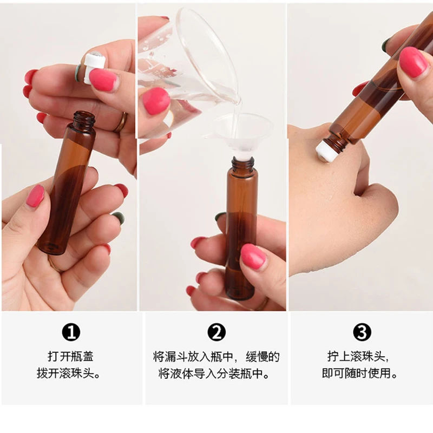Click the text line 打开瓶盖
pyautogui.click(x=71, y=357)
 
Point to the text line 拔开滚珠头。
pyautogui.click(x=71, y=373)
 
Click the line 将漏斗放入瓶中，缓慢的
pyautogui.click(x=216, y=357)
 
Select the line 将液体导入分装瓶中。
pyautogui.click(x=216, y=373)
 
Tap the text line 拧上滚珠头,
pyautogui.click(x=361, y=357)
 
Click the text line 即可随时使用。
pyautogui.click(x=361, y=373)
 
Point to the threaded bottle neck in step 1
pyautogui.click(x=83, y=120)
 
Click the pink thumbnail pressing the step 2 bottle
pyautogui.click(x=253, y=256)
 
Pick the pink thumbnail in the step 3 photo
pyautogui.click(x=413, y=62)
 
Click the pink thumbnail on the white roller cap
pyautogui.click(x=103, y=80)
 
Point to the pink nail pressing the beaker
pyautogui.click(x=156, y=101)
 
